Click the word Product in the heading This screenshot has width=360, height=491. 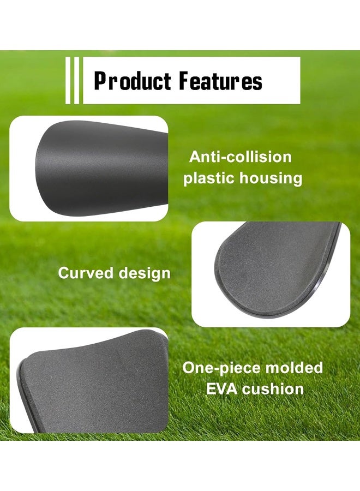click(133, 81)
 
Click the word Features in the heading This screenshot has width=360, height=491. click(221, 81)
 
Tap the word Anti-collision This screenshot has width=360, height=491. click(241, 157)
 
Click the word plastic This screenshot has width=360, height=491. click(209, 178)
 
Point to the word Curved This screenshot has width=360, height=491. click(85, 273)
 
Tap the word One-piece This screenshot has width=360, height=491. click(221, 368)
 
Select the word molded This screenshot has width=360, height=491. click(294, 368)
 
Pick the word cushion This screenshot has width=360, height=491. click(273, 389)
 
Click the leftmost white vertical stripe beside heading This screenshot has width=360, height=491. click(68, 80)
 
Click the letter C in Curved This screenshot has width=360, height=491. click(64, 273)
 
